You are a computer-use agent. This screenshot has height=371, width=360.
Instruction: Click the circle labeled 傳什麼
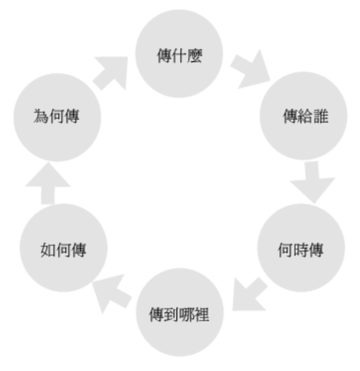[x=179, y=54]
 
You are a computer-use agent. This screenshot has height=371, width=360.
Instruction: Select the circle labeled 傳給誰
[x=303, y=116]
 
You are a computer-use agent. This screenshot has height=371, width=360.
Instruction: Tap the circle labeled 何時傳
[x=301, y=248]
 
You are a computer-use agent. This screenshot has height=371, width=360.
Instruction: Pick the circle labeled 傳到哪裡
[x=180, y=312]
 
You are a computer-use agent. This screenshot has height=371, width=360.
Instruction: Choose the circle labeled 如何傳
[x=64, y=248]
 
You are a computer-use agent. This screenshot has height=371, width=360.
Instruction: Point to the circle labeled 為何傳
[x=58, y=117]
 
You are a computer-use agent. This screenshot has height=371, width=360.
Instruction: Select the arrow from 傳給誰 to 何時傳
[x=312, y=182]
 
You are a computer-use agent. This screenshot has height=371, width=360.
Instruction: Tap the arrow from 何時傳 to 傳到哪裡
[x=249, y=294]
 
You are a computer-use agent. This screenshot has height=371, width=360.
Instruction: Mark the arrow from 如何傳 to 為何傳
[x=48, y=183]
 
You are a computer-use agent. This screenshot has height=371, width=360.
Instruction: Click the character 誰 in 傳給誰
[x=321, y=116]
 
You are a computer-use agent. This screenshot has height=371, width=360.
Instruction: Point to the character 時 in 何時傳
[x=300, y=250]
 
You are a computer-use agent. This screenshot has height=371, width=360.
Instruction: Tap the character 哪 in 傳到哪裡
[x=187, y=315]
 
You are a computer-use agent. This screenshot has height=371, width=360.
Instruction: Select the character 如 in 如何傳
[x=48, y=250]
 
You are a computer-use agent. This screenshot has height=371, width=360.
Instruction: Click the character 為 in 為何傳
[x=41, y=116]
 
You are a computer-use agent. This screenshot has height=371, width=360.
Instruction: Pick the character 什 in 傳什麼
[x=179, y=56]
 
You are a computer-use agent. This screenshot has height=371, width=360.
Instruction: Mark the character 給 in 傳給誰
[x=306, y=116]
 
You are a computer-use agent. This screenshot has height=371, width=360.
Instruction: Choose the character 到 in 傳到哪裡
[x=171, y=315]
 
